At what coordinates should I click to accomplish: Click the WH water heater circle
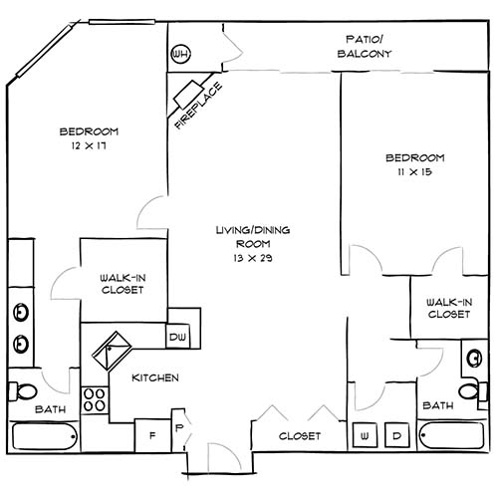[181, 54]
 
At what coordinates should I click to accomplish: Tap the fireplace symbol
[191, 97]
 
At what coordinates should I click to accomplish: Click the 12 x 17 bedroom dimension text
[89, 146]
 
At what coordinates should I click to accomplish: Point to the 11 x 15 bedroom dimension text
[414, 172]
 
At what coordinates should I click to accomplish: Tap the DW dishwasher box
[179, 337]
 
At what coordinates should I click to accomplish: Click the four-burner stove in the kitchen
[95, 399]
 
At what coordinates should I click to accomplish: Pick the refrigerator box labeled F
[153, 434]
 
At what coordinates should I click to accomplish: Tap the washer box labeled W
[365, 435]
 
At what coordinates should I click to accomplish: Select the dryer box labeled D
[395, 435]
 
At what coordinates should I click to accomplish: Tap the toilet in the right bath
[469, 389]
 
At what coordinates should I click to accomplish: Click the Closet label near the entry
[300, 436]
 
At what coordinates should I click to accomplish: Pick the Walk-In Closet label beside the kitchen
[123, 284]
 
